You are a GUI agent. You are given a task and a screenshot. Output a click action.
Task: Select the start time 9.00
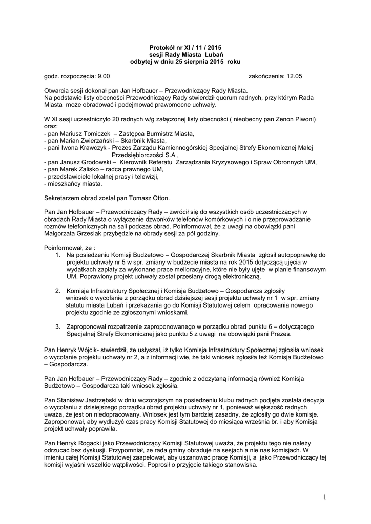click(x=104, y=76)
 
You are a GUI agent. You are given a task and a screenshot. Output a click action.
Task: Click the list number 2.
click(x=57, y=291)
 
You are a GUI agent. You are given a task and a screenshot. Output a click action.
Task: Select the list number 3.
click(x=57, y=326)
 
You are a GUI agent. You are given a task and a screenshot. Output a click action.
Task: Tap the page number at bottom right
click(x=325, y=496)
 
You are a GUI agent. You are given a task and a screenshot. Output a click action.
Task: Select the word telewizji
click(x=146, y=177)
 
